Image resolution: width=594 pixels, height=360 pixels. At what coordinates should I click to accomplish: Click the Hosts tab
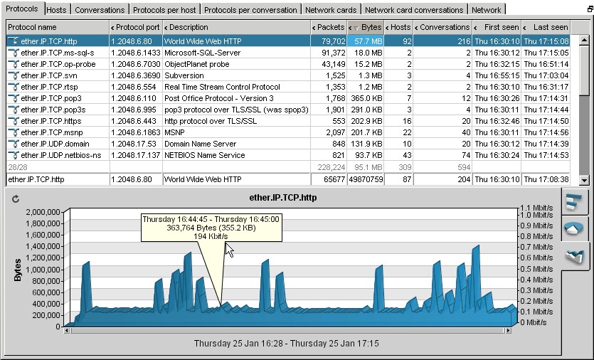56,10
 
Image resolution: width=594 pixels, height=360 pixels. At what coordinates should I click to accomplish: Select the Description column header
186,27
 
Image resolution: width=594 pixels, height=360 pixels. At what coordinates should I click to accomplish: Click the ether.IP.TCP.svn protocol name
49,75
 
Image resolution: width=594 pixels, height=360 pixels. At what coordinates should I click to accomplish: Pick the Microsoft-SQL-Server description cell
203,53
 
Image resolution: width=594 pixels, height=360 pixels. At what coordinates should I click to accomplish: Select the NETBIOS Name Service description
204,155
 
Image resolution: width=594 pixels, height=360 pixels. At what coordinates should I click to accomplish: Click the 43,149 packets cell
329,64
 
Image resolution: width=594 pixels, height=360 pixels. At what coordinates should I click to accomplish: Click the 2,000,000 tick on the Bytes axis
45,212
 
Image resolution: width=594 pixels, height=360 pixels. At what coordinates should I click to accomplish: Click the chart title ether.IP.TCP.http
282,197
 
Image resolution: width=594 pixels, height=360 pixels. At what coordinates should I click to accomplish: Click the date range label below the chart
286,344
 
